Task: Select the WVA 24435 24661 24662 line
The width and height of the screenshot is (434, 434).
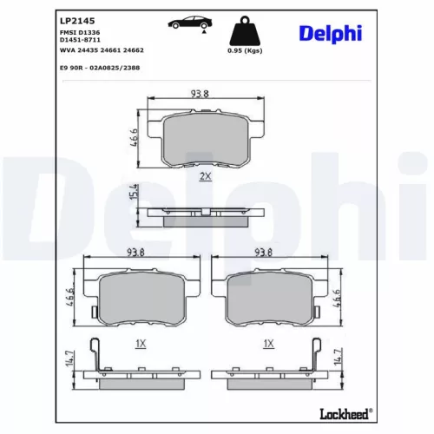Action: tap(100, 50)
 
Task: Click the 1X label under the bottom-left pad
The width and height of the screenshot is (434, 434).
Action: tap(141, 344)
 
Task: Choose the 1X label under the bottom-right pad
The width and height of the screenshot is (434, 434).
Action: tap(268, 344)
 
